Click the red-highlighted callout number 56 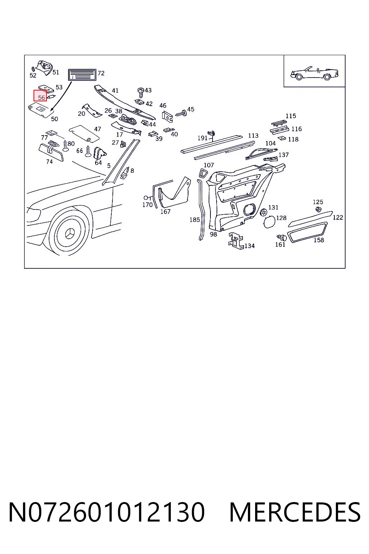click(41, 98)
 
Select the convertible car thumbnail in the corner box click(314, 73)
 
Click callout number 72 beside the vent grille click(101, 73)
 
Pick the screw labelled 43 click(141, 93)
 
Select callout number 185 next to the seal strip click(195, 220)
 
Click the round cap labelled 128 click(269, 221)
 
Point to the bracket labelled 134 click(236, 241)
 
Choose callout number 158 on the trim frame click(319, 240)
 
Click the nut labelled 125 click(319, 210)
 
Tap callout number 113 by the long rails click(253, 136)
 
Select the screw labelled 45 click(182, 113)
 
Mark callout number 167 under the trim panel click(165, 212)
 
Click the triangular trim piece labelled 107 click(203, 173)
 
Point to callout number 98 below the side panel click(214, 234)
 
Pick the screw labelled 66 click(88, 151)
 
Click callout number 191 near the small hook click(203, 138)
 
